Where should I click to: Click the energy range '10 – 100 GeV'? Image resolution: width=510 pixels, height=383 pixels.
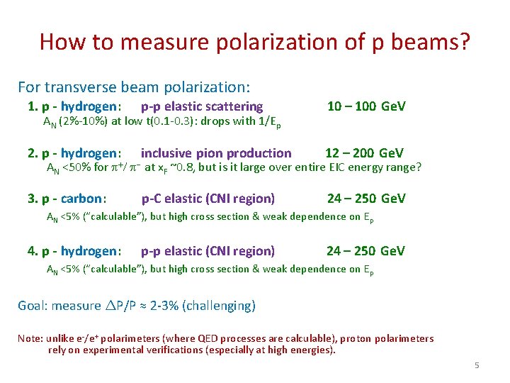click(366, 106)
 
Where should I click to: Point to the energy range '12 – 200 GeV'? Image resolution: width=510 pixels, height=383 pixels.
click(364, 153)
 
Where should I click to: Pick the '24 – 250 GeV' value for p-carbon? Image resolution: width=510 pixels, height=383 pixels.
click(366, 199)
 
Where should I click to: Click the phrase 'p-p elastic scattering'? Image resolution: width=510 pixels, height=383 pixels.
click(202, 106)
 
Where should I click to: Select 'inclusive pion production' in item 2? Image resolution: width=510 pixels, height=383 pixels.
click(216, 153)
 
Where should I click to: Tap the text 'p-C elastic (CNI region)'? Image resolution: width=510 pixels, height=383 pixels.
click(208, 199)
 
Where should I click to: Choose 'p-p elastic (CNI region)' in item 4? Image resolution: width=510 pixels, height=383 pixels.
click(208, 250)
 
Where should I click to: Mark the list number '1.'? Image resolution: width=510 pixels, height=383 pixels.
click(32, 106)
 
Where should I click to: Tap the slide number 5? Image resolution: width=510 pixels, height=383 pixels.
click(477, 365)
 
